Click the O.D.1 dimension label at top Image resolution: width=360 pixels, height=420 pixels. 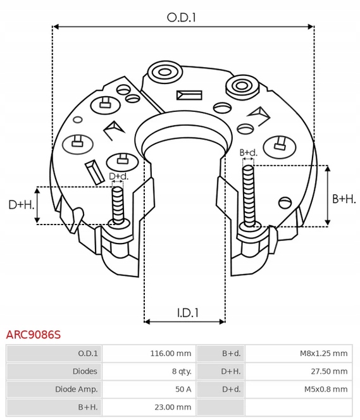(x=182, y=18)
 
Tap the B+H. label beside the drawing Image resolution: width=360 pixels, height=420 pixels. (x=344, y=199)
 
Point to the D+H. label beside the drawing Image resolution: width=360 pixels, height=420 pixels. (x=20, y=205)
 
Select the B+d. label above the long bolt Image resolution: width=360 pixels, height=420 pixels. (x=249, y=152)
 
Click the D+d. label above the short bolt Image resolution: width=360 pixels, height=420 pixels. (x=118, y=176)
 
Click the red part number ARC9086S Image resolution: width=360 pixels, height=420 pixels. (x=34, y=334)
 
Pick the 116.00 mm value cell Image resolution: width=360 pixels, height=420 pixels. (x=170, y=353)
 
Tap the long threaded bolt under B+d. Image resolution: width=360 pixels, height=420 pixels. (x=248, y=193)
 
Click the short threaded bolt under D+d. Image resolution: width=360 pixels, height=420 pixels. (x=117, y=204)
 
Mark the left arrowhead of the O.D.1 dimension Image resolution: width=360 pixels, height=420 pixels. (x=55, y=27)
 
